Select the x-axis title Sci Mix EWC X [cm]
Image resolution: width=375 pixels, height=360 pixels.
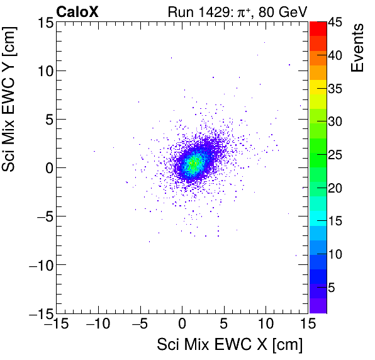(230, 345)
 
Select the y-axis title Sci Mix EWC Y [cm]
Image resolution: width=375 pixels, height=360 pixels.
(11, 104)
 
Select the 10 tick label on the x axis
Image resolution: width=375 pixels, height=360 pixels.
(266, 325)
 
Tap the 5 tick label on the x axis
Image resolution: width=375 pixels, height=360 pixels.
(224, 325)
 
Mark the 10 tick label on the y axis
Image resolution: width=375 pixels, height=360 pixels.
(44, 71)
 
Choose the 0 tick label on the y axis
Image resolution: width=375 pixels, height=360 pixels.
(47, 168)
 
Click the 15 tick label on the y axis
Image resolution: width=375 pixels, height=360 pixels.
(44, 23)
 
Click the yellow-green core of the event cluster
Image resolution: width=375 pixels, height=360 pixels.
(194, 164)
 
